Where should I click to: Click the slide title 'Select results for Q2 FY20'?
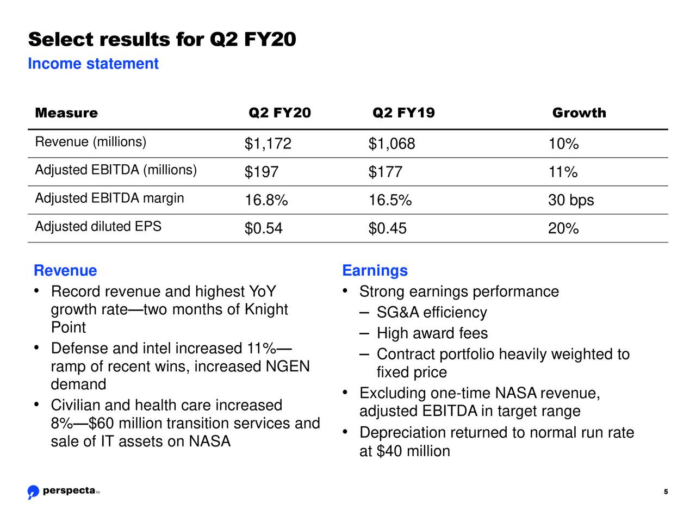tap(162, 40)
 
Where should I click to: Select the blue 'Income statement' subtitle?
tap(93, 64)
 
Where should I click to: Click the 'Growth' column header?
tap(579, 113)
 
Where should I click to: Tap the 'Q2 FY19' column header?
tap(403, 113)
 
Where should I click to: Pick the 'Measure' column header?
tap(66, 113)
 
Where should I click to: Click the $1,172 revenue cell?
tap(268, 144)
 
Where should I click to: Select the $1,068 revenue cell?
tap(391, 144)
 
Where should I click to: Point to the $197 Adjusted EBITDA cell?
tap(261, 172)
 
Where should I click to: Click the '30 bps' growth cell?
tap(571, 201)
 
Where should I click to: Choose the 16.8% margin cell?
tap(266, 201)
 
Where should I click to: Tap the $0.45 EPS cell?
tap(387, 228)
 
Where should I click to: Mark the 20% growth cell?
tap(563, 228)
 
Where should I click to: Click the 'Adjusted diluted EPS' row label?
tap(98, 227)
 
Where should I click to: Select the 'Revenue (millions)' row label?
tap(90, 142)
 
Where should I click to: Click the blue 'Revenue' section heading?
tap(65, 270)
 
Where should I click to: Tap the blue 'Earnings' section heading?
tap(375, 270)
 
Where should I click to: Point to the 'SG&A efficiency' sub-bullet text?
tap(431, 313)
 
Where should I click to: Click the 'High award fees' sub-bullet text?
tap(432, 333)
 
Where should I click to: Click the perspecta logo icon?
tap(33, 492)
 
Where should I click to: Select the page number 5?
tap(666, 493)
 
